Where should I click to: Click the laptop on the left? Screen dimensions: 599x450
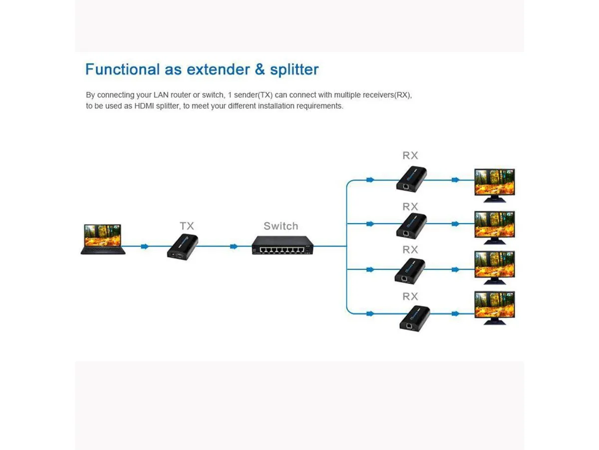103,239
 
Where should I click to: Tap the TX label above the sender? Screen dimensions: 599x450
187,226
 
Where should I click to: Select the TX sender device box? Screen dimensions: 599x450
183,246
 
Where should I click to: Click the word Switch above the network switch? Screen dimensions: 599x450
281,226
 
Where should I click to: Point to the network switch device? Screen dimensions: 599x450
283,245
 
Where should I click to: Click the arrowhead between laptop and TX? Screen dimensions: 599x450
145,246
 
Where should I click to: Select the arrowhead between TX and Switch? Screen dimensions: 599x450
234,246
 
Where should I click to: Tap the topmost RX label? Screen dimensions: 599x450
410,155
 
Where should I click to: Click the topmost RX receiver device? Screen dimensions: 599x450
411,179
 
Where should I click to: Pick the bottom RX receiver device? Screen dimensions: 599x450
414,318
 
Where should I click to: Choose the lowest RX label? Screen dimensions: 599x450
410,296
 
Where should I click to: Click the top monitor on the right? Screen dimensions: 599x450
495,185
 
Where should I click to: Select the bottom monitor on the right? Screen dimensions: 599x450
495,308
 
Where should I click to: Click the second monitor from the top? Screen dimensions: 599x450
495,227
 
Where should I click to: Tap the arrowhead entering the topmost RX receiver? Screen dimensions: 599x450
370,180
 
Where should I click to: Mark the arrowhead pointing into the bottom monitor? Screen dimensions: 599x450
455,313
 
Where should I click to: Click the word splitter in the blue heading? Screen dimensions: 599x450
294,69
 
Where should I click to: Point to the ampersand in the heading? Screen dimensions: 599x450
260,69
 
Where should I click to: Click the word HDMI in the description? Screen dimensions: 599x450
144,106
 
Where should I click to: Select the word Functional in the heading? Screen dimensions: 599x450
122,69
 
